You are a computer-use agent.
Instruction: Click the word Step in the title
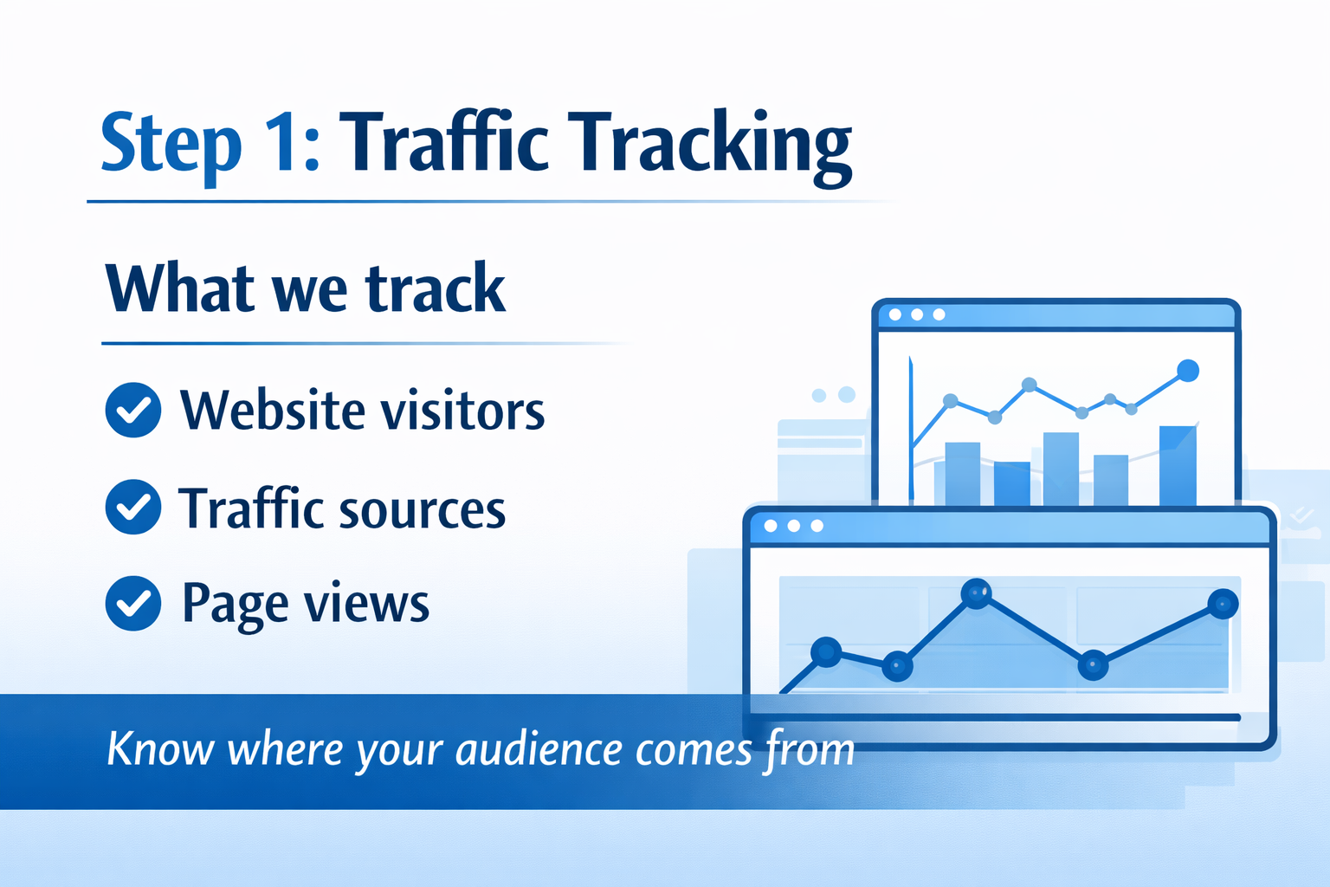pos(171,146)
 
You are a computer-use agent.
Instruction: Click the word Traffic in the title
pos(443,140)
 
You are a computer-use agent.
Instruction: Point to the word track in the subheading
pos(436,288)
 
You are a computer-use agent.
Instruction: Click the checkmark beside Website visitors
pos(133,410)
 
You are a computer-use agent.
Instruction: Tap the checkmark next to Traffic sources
pos(133,507)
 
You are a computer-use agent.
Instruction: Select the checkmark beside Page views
pos(133,603)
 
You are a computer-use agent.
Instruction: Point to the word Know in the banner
pos(160,748)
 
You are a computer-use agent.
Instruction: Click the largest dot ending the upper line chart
pos(1187,371)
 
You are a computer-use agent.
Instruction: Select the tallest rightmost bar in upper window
pos(1178,465)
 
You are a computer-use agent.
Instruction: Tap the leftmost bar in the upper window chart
pos(962,474)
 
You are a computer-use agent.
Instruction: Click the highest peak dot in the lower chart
pos(976,592)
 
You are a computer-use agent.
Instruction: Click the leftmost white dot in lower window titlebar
pos(771,526)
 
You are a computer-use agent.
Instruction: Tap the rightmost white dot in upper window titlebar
pos(939,314)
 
